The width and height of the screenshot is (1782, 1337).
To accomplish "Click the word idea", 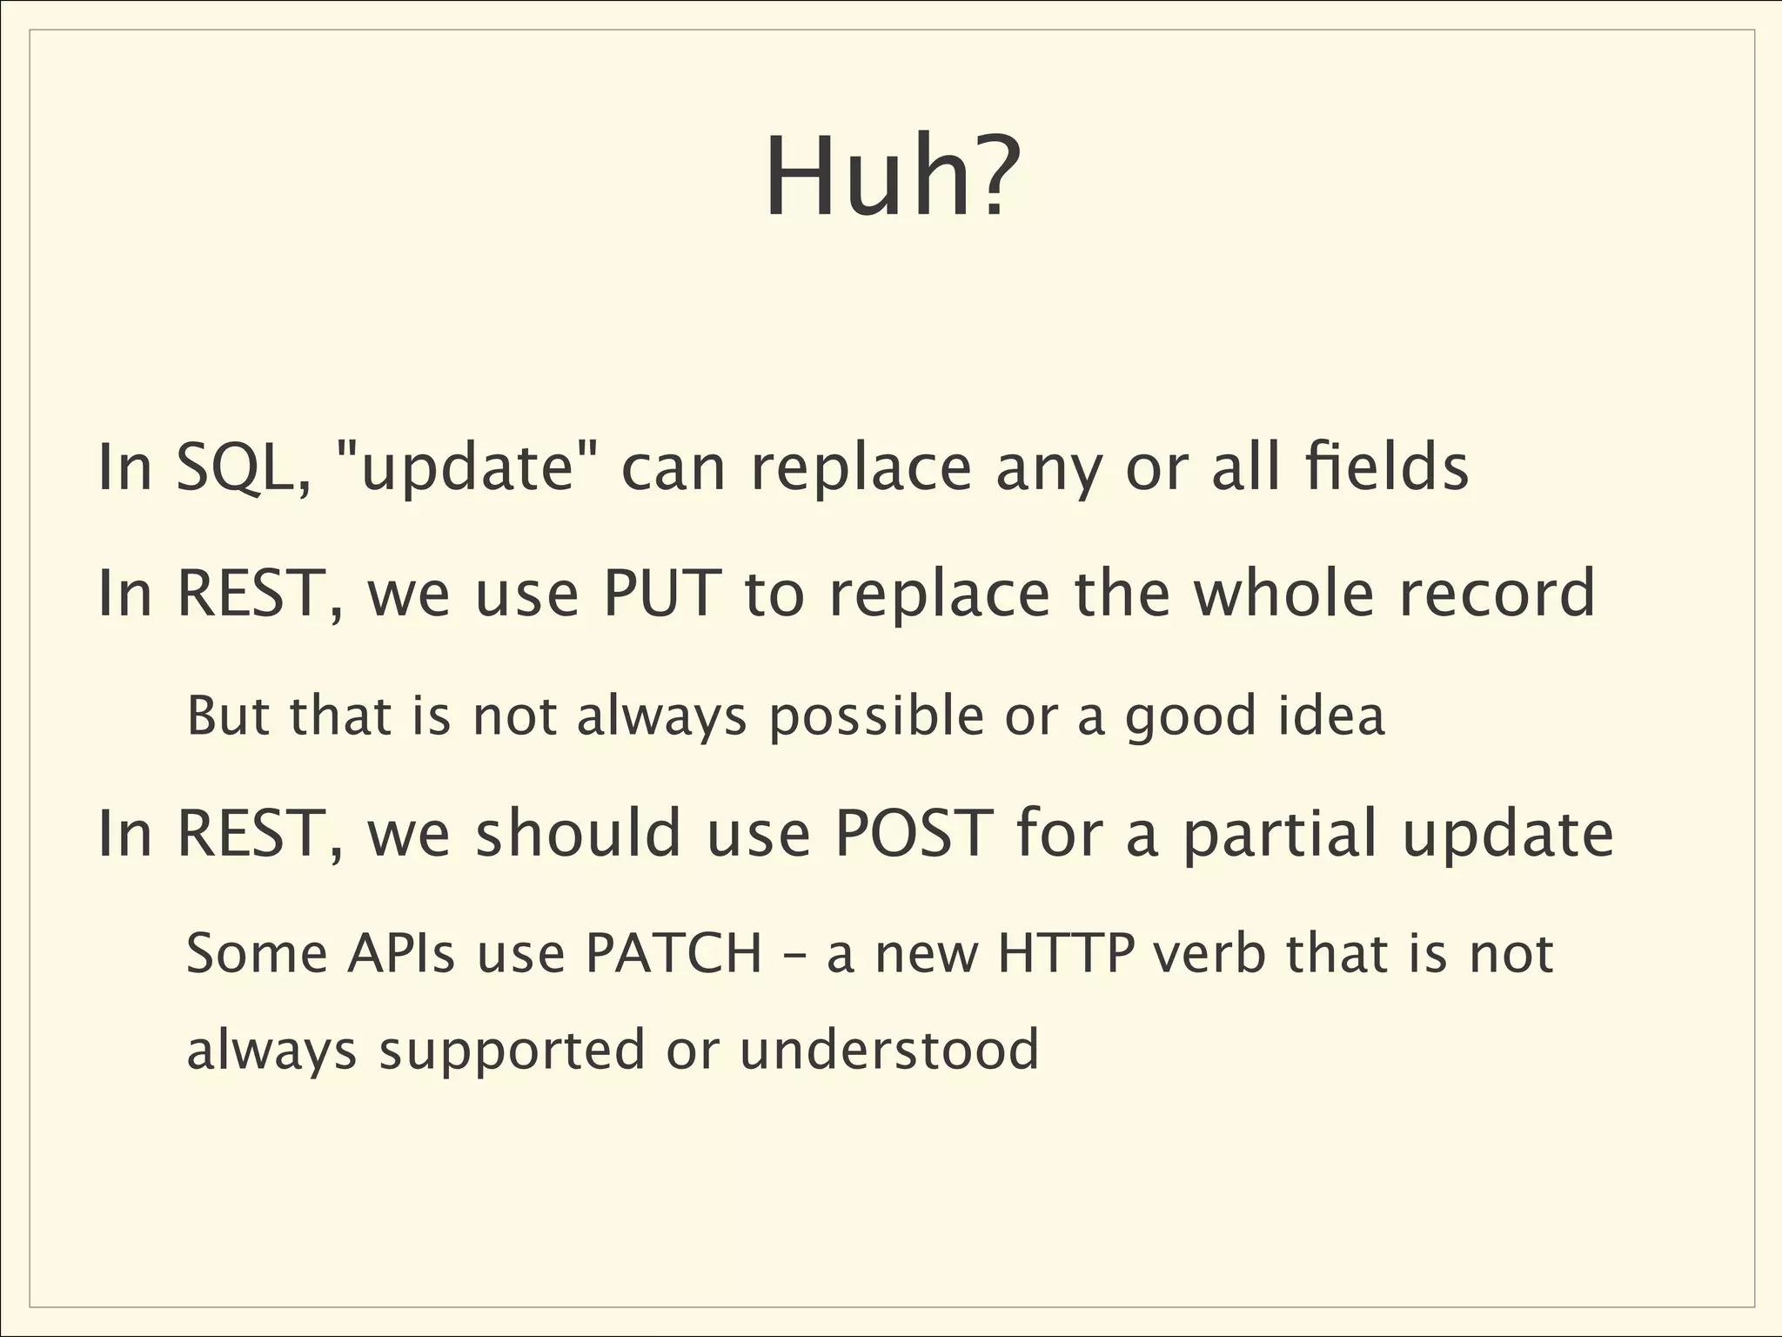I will [1331, 716].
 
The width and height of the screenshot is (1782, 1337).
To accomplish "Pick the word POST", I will [913, 833].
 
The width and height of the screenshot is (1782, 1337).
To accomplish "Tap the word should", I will [579, 833].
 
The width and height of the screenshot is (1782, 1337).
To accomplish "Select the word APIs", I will [401, 953].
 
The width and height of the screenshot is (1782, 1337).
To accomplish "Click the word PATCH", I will [674, 953].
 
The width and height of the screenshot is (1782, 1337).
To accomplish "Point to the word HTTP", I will [1067, 953].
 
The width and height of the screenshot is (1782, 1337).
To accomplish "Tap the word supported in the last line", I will [512, 1051].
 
